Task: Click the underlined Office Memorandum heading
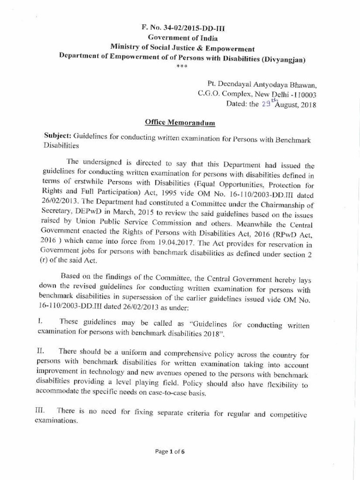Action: tap(180, 123)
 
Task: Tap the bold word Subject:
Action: tap(57, 135)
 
